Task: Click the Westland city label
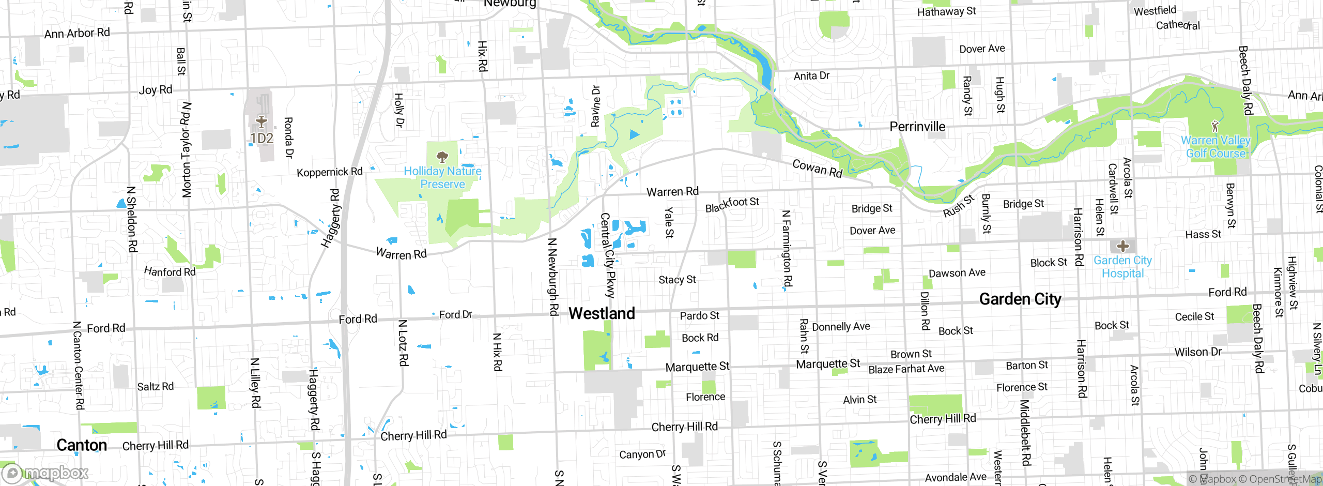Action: tap(602, 313)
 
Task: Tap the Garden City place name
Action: tap(1020, 299)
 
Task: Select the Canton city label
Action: tap(82, 445)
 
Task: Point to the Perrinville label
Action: tap(917, 127)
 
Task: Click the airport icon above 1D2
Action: tap(261, 122)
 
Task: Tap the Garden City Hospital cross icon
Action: tap(1122, 246)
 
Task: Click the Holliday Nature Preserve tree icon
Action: tap(442, 156)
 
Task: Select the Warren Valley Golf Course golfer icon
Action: tap(1215, 126)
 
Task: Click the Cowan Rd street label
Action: tap(817, 168)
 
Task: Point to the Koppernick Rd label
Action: tap(329, 172)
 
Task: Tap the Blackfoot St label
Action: tap(732, 204)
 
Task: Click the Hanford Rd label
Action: tap(170, 271)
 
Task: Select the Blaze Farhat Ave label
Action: tap(906, 369)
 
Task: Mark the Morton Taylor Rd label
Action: tap(186, 150)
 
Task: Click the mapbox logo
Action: tap(45, 473)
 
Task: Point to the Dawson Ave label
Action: tap(957, 273)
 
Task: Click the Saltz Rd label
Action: tap(155, 387)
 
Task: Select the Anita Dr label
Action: tap(811, 76)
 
